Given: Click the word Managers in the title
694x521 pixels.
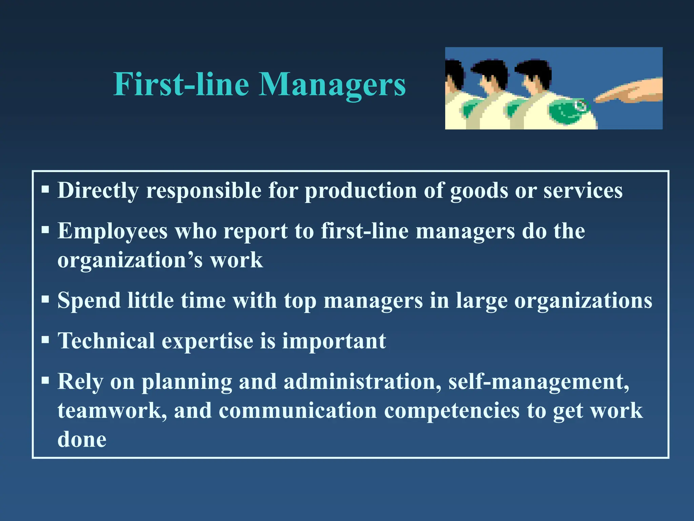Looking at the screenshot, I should (332, 85).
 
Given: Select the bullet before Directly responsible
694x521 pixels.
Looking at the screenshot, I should (45, 189).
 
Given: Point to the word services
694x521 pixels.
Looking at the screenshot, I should (583, 191).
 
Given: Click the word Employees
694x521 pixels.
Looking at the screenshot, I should (113, 232).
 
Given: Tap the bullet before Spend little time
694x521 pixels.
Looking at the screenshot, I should (45, 299).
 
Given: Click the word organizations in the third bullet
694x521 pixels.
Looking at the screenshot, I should (583, 301).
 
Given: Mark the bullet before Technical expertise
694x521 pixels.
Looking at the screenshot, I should (45, 339).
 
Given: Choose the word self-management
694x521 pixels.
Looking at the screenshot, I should (539, 382).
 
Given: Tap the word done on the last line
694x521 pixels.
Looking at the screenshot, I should (82, 440).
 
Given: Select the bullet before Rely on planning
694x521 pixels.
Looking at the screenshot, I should (45, 380).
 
